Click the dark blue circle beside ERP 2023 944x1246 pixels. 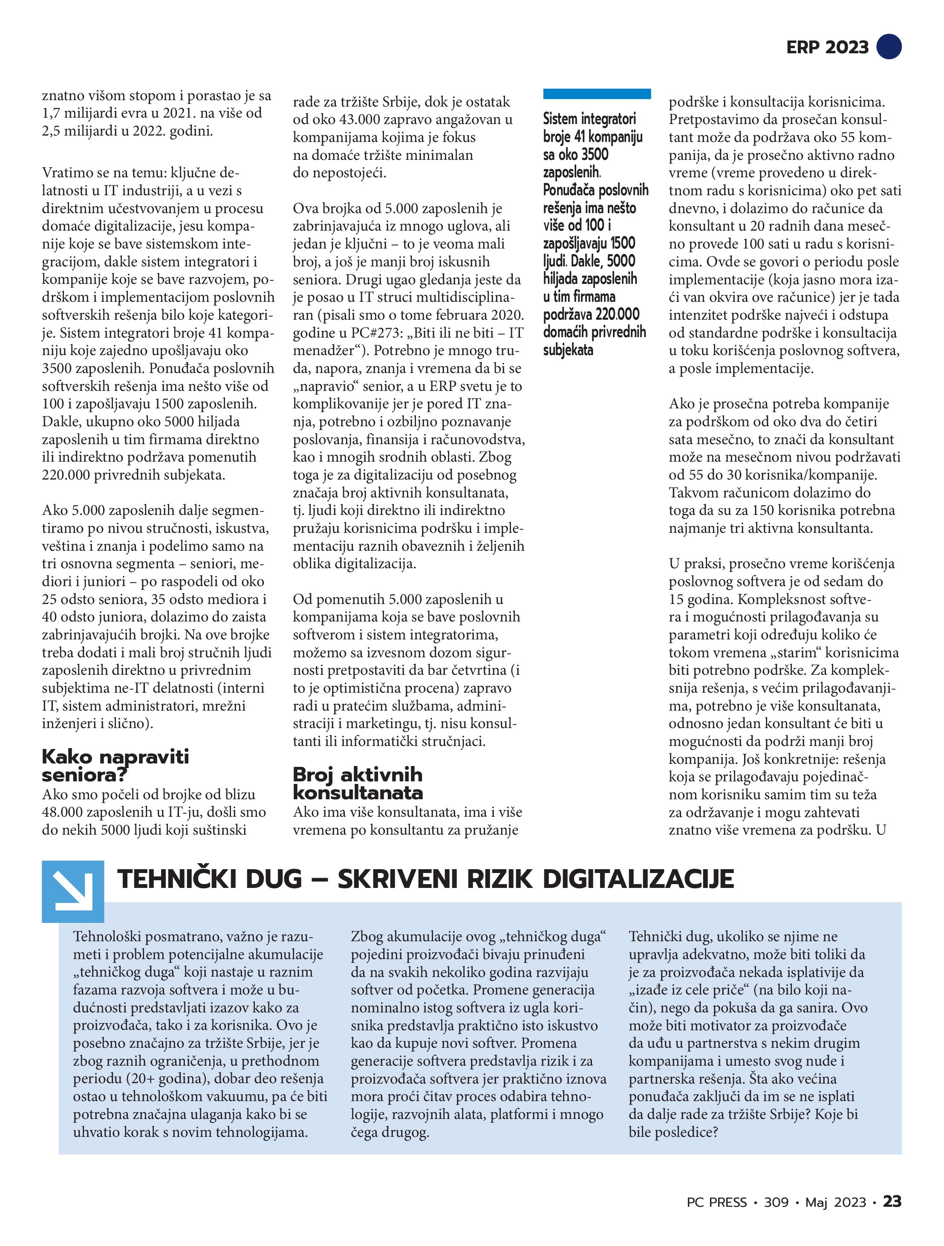(889, 47)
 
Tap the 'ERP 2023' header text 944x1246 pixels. (827, 47)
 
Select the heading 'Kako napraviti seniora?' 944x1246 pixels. (115, 766)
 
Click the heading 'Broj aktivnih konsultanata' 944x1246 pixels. (357, 783)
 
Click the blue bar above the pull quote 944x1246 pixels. (597, 94)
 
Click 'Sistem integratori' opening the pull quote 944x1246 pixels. (589, 119)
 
